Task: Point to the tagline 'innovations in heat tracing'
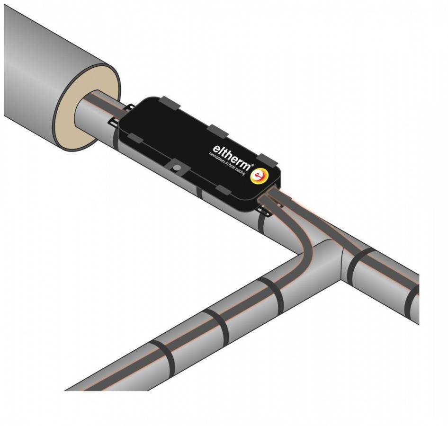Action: pyautogui.click(x=227, y=164)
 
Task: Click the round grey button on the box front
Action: pyautogui.click(x=177, y=167)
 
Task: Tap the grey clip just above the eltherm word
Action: pyautogui.click(x=218, y=131)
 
